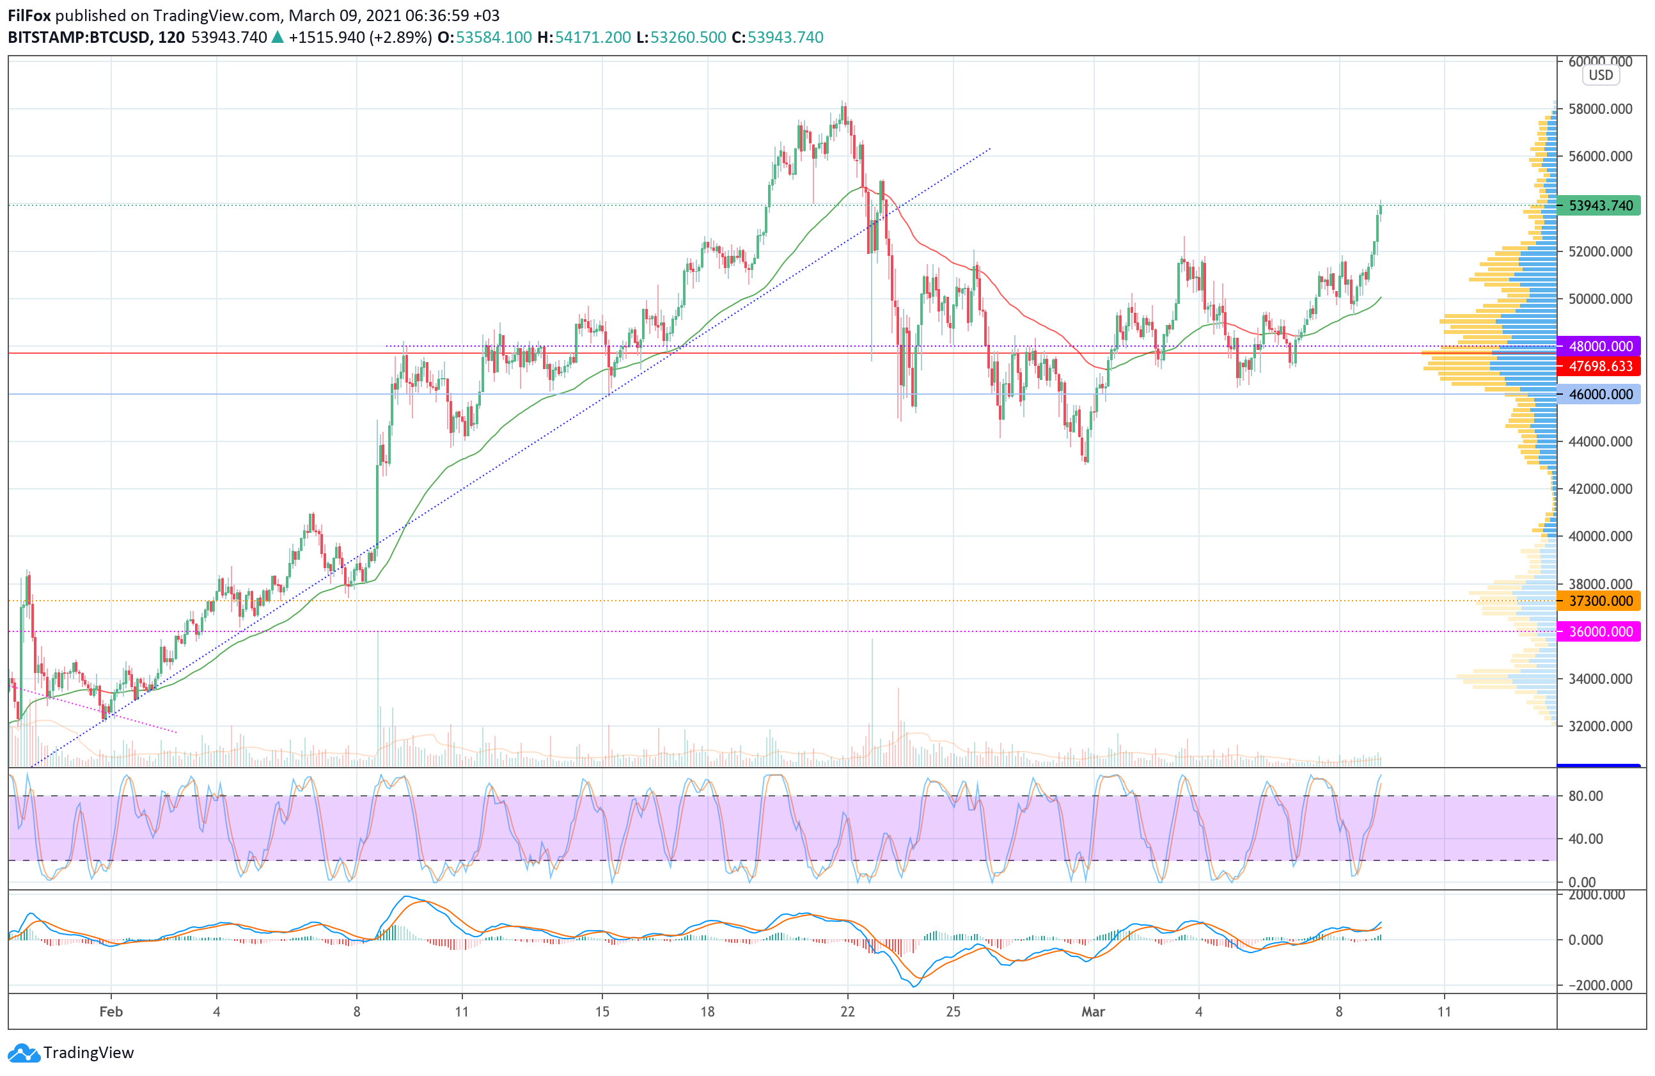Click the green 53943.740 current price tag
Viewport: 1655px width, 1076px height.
coord(1599,206)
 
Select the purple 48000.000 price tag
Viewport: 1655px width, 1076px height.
coord(1599,346)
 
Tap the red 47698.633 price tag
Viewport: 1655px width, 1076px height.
coord(1599,367)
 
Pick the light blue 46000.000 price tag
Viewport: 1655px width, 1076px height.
coord(1599,394)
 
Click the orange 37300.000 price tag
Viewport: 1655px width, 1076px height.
coord(1599,601)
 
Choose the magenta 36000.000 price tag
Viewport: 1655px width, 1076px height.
coord(1599,631)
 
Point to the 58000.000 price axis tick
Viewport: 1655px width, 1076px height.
coord(1600,109)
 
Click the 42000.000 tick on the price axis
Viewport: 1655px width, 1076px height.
coord(1600,489)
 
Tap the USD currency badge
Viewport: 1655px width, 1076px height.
coord(1601,75)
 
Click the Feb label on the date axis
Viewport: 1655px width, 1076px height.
coord(111,1012)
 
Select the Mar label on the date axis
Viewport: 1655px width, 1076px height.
coord(1093,1012)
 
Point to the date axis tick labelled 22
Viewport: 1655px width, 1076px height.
coord(848,1012)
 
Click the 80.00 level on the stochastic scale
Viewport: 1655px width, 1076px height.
coord(1586,796)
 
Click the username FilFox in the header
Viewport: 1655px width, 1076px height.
coord(29,15)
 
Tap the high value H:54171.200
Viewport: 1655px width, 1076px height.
coord(584,38)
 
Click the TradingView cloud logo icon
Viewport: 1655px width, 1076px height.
coord(24,1053)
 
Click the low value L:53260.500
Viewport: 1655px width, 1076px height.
coord(681,38)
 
